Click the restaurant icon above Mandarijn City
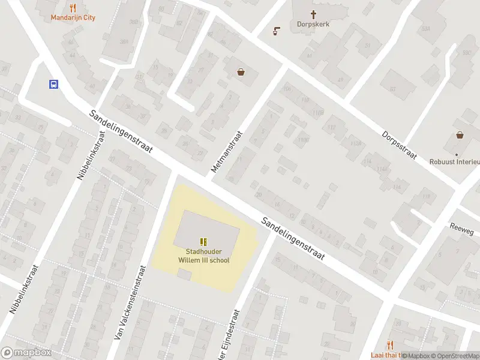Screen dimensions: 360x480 73,8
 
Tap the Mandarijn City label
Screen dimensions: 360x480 73,18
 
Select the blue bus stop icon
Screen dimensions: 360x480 53,85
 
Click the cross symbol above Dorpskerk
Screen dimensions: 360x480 313,14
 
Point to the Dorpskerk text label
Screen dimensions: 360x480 313,25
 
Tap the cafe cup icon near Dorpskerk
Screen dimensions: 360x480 276,31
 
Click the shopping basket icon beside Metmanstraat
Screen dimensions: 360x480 241,73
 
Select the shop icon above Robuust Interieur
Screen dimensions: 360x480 460,135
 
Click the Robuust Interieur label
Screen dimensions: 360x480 455,162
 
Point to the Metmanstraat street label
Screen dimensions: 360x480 227,153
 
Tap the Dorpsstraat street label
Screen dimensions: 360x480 399,145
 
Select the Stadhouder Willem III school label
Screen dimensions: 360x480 204,256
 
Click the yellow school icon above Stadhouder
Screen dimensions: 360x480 204,241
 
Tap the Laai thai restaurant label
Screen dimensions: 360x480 384,355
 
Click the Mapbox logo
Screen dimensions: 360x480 26,353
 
